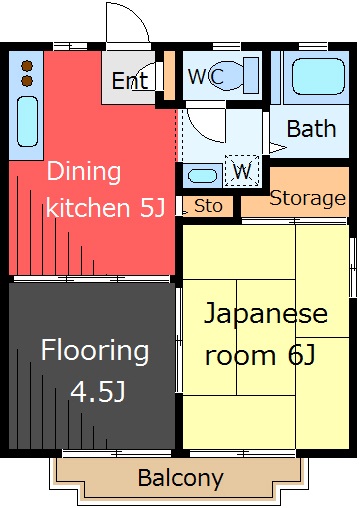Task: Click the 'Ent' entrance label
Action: [130, 81]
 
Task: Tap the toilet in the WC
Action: [234, 76]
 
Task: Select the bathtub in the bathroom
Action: [318, 77]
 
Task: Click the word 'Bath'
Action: [311, 129]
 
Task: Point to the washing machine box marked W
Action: [242, 171]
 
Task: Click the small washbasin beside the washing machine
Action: [202, 176]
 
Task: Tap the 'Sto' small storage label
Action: [208, 206]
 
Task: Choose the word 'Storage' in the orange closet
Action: [307, 199]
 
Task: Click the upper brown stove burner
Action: [27, 66]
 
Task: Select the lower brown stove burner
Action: [27, 81]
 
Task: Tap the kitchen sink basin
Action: [27, 122]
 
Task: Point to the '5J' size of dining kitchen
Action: [152, 207]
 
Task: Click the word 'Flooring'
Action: [95, 351]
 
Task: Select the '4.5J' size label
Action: [98, 391]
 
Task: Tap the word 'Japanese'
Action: [266, 314]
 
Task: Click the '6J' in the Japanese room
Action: [301, 354]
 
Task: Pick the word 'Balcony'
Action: [180, 479]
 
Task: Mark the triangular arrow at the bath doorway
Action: [278, 148]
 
